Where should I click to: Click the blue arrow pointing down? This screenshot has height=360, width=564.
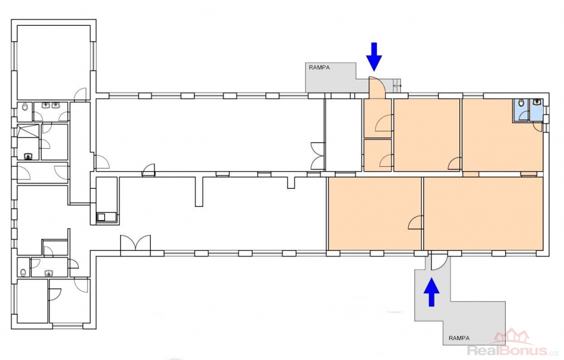click(x=374, y=57)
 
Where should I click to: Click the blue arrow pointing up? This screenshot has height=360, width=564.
click(x=432, y=292)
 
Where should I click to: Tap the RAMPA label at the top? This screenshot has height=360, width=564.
click(x=319, y=67)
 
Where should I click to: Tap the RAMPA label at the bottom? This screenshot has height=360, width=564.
click(x=459, y=338)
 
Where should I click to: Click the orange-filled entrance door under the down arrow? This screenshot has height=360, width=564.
click(x=377, y=88)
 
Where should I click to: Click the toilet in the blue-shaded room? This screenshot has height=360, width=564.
click(x=521, y=104)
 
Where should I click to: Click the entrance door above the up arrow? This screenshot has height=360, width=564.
click(x=439, y=262)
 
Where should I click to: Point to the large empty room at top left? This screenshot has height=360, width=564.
click(x=53, y=62)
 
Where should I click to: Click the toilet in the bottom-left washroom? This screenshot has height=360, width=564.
click(x=23, y=272)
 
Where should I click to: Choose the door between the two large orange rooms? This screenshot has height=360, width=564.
click(x=416, y=222)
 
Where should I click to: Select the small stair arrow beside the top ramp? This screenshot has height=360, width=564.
click(x=397, y=86)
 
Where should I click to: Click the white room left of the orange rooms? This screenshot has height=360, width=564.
click(x=344, y=135)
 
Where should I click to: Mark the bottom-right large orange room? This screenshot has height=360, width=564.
click(x=484, y=213)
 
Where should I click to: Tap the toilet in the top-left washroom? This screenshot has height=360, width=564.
click(x=25, y=107)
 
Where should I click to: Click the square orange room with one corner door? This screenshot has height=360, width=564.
click(x=427, y=135)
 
